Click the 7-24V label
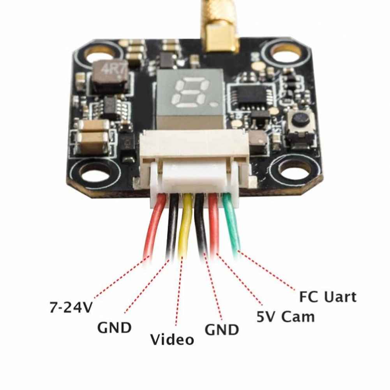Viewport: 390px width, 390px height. pyautogui.click(x=71, y=307)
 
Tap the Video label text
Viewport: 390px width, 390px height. pyautogui.click(x=172, y=339)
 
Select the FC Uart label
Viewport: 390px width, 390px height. pyautogui.click(x=328, y=297)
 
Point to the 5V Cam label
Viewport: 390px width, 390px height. pyautogui.click(x=286, y=317)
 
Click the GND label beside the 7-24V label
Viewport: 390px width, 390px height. pyautogui.click(x=114, y=328)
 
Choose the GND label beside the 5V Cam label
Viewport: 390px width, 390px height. pyautogui.click(x=222, y=330)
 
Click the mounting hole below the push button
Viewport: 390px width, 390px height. pyautogui.click(x=293, y=171)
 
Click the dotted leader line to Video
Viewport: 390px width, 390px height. pyautogui.click(x=179, y=291)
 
